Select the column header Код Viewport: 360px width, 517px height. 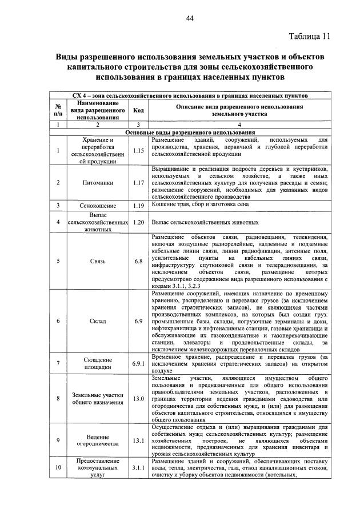point(137,110)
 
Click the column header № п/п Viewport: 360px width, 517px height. point(58,110)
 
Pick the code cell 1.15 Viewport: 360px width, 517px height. point(137,151)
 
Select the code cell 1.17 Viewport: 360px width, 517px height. point(137,183)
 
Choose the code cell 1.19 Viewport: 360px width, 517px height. point(137,205)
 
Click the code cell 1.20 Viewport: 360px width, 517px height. point(137,222)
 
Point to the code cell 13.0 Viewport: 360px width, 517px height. point(137,399)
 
